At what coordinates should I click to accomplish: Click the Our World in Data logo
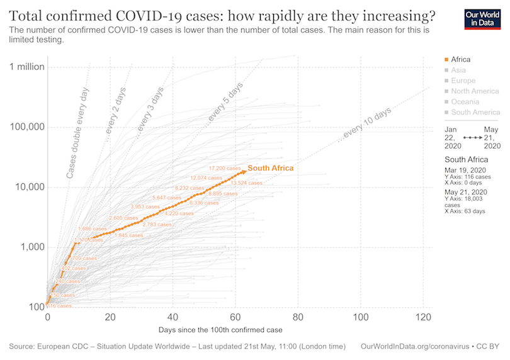[482, 20]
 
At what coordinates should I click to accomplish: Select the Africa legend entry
[460, 59]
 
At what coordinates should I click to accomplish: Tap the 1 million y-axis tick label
[26, 67]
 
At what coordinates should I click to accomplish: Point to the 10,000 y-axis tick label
[28, 187]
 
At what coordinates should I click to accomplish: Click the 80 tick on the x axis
[298, 318]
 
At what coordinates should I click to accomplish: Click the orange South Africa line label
[271, 168]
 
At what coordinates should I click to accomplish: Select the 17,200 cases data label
[225, 168]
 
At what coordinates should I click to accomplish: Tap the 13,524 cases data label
[247, 183]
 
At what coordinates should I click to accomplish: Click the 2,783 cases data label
[157, 224]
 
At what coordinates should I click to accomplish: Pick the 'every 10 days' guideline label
[367, 125]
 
